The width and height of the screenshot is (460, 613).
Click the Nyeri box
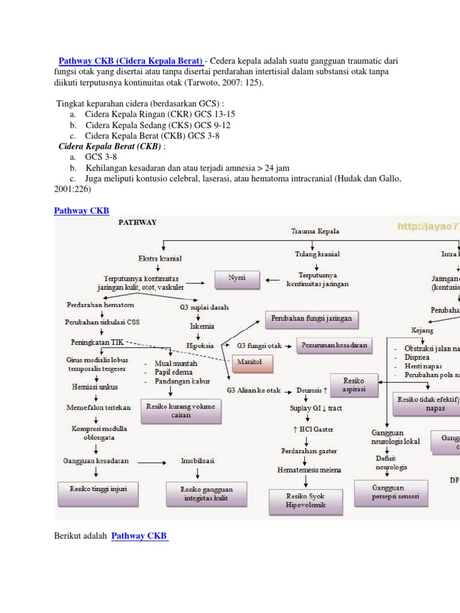coord(237,279)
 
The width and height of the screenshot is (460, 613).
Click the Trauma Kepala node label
coord(315,230)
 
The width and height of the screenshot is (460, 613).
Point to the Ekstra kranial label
coord(161,259)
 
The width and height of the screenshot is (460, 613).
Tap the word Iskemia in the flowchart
coord(201,327)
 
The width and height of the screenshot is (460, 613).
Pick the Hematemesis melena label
coord(309,470)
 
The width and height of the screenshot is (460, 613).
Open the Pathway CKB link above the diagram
coord(81,210)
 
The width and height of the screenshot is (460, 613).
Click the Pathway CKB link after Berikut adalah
coord(140,536)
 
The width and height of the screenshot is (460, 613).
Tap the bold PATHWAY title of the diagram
coord(137,222)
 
